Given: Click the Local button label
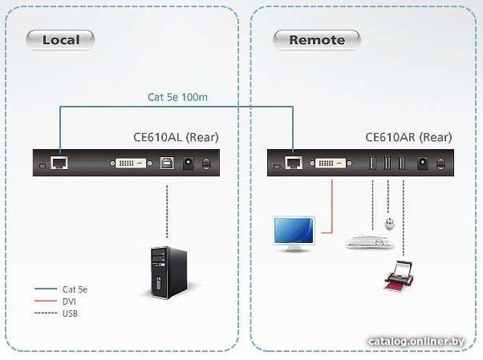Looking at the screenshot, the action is pos(60,40).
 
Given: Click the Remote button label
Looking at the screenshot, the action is pos(317,40).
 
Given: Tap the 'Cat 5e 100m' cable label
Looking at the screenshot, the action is pos(178,97).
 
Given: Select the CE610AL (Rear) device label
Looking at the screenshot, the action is pos(176,137).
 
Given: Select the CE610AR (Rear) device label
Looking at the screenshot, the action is pos(408,137).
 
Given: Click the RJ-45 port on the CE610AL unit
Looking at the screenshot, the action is pos(59,163).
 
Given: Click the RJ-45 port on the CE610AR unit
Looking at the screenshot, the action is pos(294,163).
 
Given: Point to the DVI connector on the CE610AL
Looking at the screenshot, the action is pos(131,164).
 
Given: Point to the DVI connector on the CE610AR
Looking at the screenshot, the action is pos(331,163).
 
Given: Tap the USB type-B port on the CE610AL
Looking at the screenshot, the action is pos(167,163).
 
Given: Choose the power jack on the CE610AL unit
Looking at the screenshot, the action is pos(189,163).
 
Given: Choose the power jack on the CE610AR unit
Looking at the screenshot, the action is pos(422,163).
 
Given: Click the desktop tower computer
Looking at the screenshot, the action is pos(168,273).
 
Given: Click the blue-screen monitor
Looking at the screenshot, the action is pos(294,233).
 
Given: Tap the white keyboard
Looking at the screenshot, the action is pos(370,242).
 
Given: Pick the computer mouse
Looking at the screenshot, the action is pos(390,224).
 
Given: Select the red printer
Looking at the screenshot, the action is pos(399,276).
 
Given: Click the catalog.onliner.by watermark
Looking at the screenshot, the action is pos(416,342).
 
